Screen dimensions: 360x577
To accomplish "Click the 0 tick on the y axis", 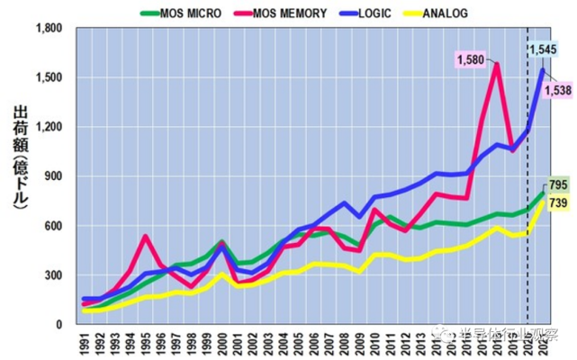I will pos(66,324).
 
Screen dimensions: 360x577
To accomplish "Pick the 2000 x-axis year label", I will pos(224,344).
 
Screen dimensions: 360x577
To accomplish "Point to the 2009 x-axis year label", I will pos(361,344).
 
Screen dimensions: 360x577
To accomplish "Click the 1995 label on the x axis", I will pos(148,344).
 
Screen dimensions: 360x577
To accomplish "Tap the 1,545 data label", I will pos(543,49).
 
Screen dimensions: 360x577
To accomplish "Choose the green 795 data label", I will pos(559,185).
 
